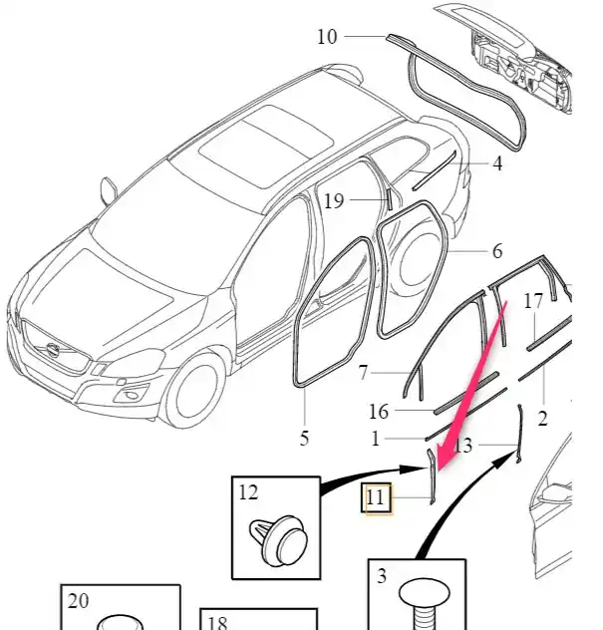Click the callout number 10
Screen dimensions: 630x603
point(327,38)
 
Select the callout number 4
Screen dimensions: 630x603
point(497,164)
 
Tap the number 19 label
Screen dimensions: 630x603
point(333,201)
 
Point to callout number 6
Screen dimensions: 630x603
point(497,252)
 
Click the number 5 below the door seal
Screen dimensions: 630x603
point(304,437)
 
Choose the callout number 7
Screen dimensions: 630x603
point(365,373)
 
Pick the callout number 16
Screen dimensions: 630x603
point(379,412)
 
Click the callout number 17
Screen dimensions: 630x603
point(533,300)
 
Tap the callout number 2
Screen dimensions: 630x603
point(542,420)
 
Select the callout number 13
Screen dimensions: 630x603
point(462,447)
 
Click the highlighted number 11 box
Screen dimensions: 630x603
point(376,497)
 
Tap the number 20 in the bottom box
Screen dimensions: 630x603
point(79,600)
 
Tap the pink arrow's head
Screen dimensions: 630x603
point(440,458)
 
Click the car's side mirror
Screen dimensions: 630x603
point(107,188)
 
